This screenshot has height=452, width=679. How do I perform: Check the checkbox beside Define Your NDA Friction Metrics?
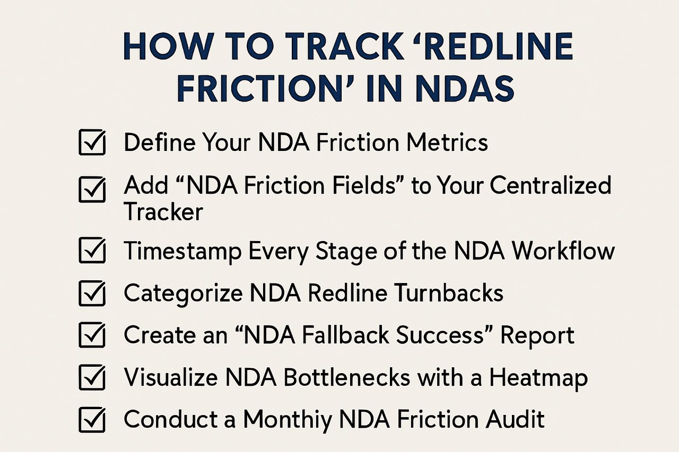click(92, 143)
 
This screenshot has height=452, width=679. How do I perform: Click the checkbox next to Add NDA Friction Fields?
click(92, 189)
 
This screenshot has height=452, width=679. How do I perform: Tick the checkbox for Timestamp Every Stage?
click(92, 251)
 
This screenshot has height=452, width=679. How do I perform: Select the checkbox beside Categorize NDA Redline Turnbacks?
click(92, 293)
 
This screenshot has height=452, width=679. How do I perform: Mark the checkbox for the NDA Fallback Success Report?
click(92, 335)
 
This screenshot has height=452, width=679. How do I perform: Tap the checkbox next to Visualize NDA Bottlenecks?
click(92, 378)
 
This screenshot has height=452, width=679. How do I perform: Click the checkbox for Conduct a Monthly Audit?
click(92, 420)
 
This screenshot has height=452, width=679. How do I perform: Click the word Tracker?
click(163, 212)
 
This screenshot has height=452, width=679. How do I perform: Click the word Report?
click(537, 336)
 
